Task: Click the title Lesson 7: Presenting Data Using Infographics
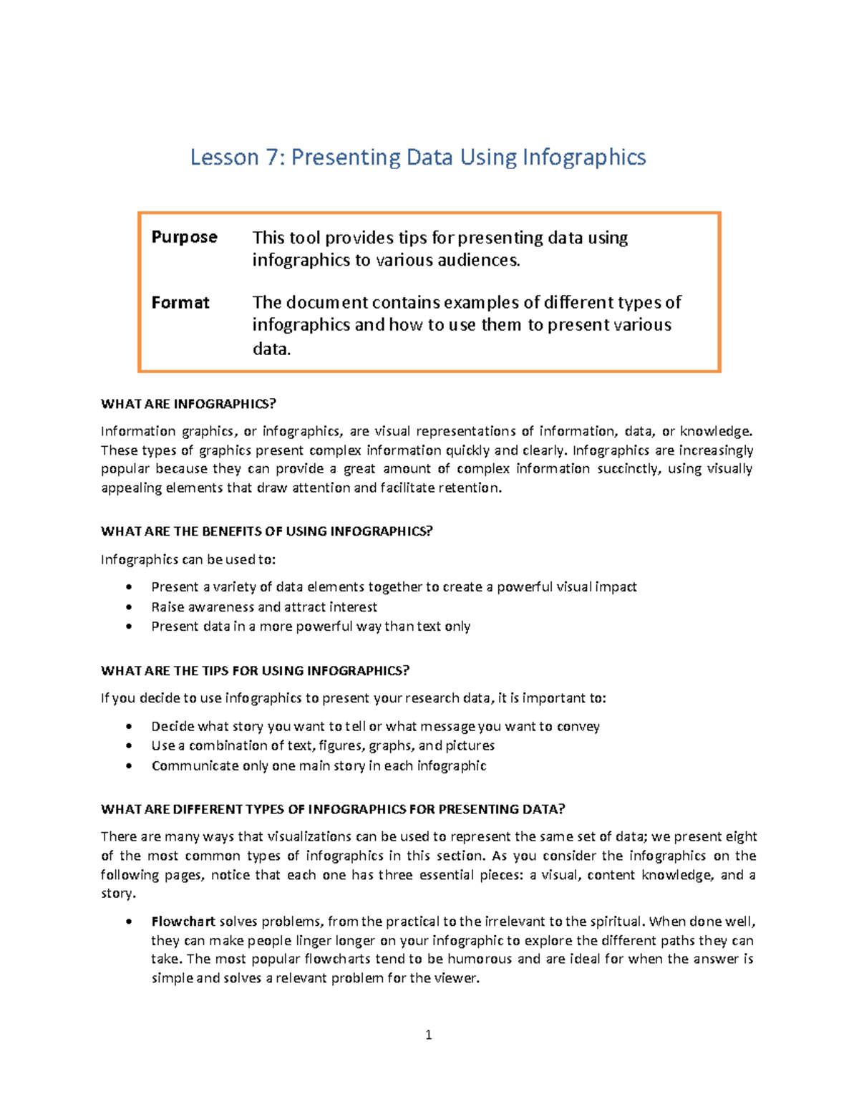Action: [417, 158]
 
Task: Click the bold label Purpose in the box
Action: [184, 237]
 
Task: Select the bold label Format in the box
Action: [180, 303]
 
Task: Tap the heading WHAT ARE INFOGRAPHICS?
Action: [188, 404]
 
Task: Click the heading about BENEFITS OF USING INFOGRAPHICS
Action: [267, 531]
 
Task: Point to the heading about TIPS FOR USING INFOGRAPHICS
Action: [255, 671]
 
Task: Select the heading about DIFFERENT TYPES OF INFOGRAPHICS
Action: [333, 809]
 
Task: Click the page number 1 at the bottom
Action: [428, 1035]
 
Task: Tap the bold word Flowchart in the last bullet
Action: [183, 922]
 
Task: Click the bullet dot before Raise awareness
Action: [129, 607]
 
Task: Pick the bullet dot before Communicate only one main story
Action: [129, 766]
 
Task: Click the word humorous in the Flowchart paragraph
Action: [480, 959]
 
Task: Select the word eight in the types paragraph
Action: [741, 837]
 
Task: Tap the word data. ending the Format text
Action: [271, 349]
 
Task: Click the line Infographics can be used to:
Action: [188, 560]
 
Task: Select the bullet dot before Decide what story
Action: [129, 727]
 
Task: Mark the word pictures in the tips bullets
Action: [470, 746]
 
